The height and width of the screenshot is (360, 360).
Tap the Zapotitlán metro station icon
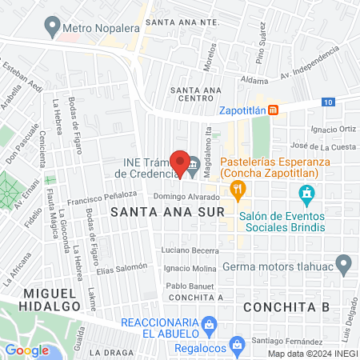click(274, 110)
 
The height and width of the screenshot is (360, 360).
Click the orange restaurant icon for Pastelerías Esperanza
click(237, 190)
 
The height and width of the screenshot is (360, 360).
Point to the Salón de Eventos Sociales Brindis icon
click(305, 193)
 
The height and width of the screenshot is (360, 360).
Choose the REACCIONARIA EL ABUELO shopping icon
click(209, 324)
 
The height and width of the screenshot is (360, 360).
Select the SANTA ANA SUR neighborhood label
click(154, 212)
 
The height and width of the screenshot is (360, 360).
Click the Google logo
click(26, 350)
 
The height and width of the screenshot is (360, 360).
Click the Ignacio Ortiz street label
click(334, 128)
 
